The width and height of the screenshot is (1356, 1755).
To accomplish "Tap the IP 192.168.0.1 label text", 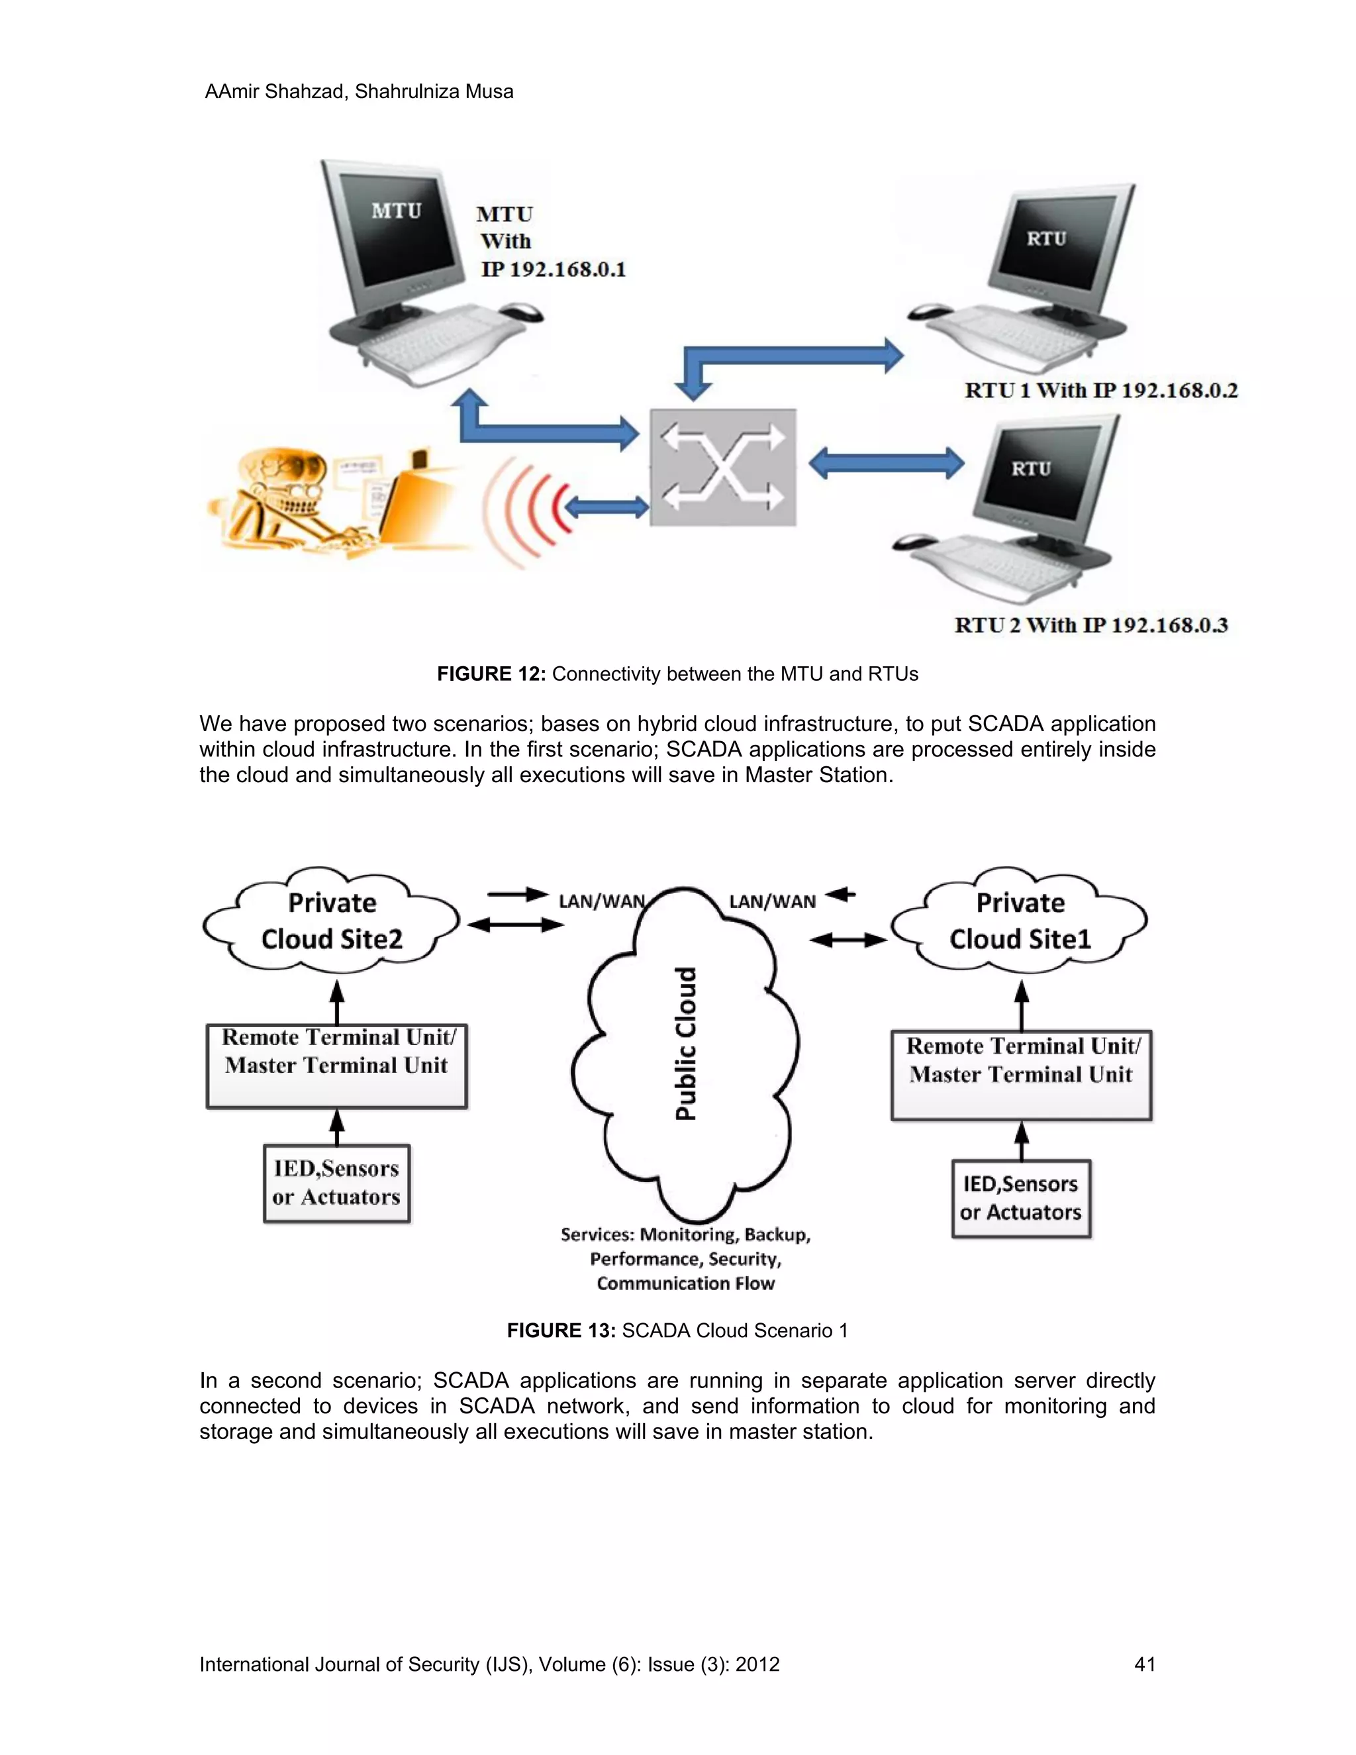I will [553, 269].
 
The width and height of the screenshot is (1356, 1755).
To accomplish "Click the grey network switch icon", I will [723, 468].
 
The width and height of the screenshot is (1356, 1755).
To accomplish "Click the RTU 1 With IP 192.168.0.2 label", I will [1100, 391].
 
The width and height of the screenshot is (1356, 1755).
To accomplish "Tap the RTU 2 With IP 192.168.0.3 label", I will [1091, 625].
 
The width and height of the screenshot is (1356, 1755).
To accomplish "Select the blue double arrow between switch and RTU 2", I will [885, 463].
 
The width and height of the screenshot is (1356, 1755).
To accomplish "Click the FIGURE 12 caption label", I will [491, 674].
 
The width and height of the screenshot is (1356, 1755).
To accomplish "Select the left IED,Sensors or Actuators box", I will [336, 1183].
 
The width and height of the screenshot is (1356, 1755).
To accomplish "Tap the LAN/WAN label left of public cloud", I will [601, 901].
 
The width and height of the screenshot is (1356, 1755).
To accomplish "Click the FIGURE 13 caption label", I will [561, 1330].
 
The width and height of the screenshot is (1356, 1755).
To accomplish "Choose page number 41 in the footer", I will [1144, 1664].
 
